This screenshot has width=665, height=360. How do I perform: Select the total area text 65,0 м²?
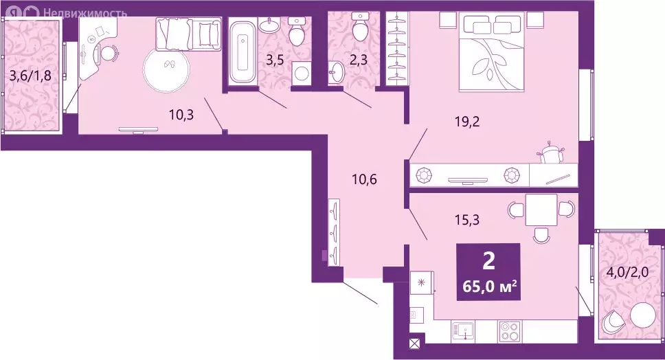click(x=489, y=286)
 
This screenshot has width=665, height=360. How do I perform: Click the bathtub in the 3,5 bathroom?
click(x=242, y=52)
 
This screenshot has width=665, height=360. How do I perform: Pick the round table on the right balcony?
click(x=644, y=316)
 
